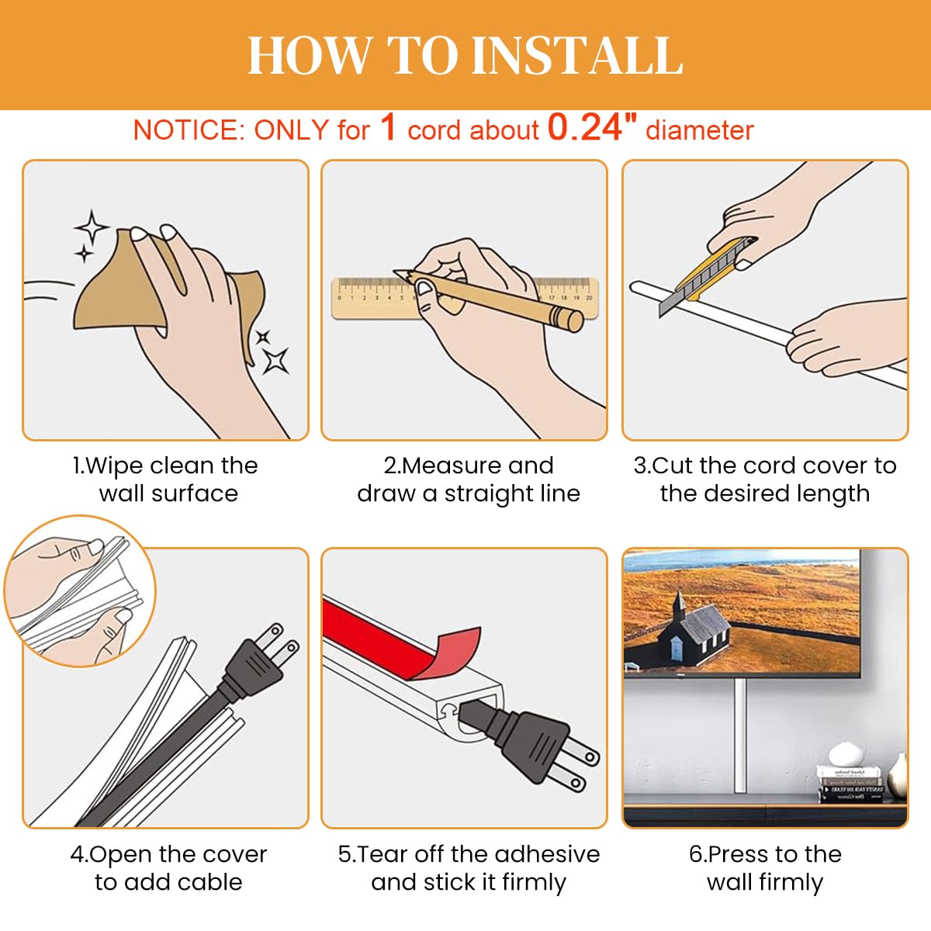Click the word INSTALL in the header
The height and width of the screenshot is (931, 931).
coord(577,55)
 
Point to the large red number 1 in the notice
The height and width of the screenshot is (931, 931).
coord(388,127)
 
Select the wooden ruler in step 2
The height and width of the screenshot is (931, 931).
coord(465,298)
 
